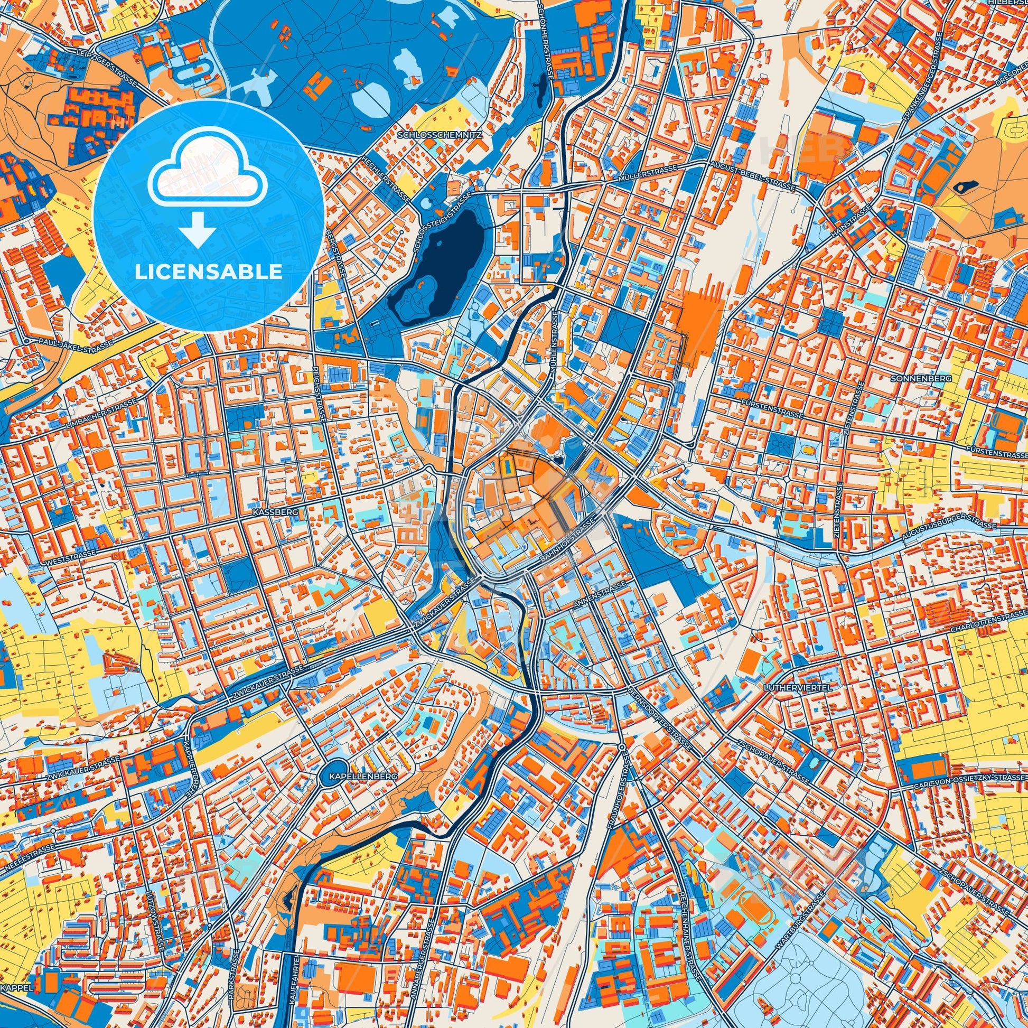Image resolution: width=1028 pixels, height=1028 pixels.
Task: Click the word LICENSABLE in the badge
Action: coord(209,272)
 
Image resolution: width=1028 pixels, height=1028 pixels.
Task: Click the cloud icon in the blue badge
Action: coord(209,180)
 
